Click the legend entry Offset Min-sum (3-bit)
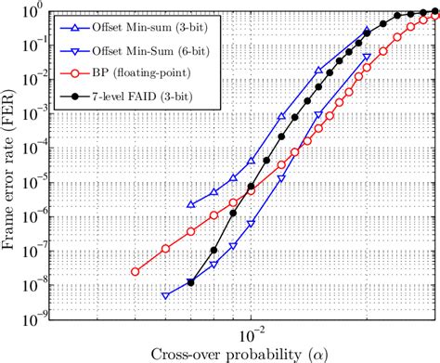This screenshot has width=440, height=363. [x=143, y=27]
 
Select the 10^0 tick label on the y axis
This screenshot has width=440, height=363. [x=39, y=11]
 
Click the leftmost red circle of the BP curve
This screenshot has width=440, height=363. [x=135, y=272]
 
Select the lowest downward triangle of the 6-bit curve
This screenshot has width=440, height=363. [x=165, y=296]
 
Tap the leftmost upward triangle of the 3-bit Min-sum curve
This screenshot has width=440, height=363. [x=191, y=204]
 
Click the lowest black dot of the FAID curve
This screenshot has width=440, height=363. [x=191, y=282]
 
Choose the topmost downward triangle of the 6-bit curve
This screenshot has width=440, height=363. [x=366, y=57]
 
